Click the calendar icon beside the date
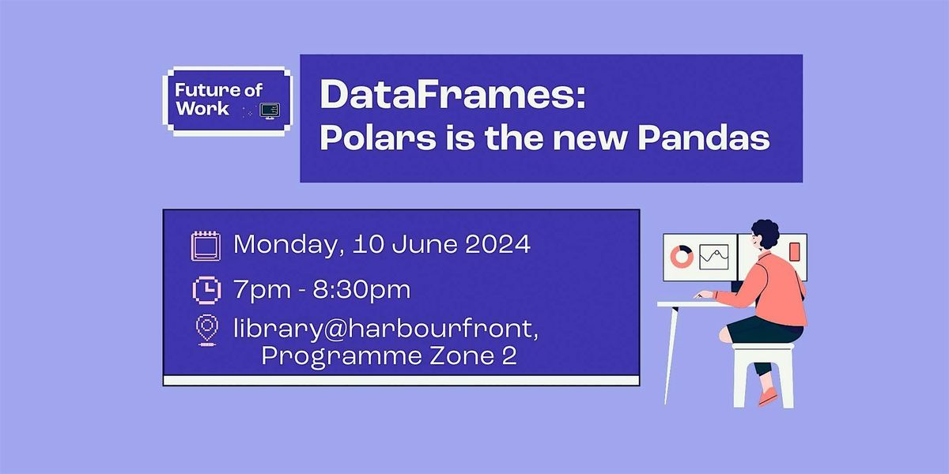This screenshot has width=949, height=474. (206, 246)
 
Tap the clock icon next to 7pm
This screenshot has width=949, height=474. (206, 290)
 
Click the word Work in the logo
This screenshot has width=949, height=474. (202, 109)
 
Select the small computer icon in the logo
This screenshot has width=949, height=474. (270, 109)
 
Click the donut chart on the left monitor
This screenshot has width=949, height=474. (681, 256)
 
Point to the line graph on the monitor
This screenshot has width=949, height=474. (713, 257)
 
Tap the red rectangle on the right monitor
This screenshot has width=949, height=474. (794, 252)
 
